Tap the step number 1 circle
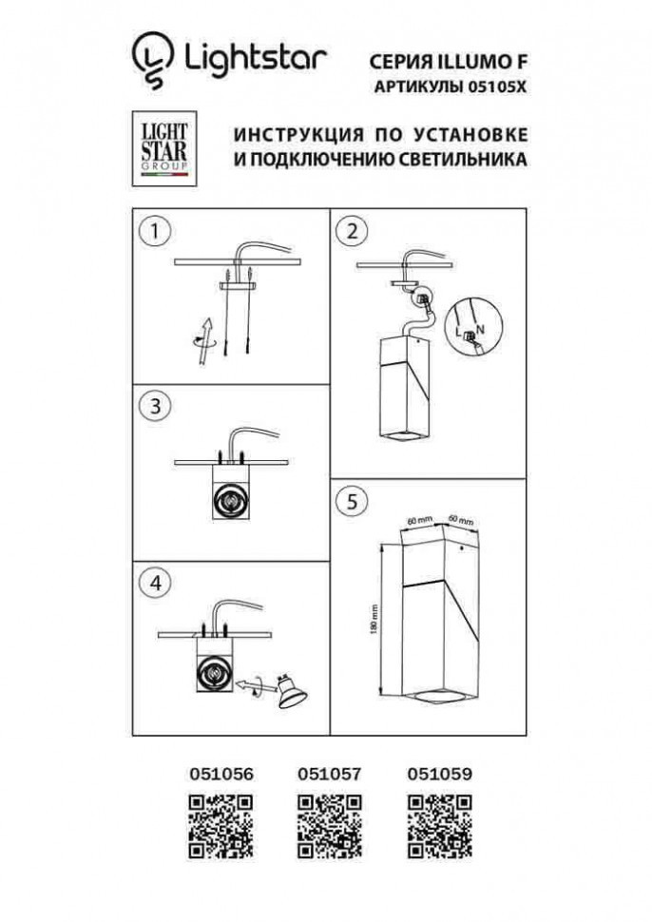(154, 230)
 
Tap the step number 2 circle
(353, 230)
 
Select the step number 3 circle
(154, 405)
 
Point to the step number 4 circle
(154, 580)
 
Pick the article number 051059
(438, 775)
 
